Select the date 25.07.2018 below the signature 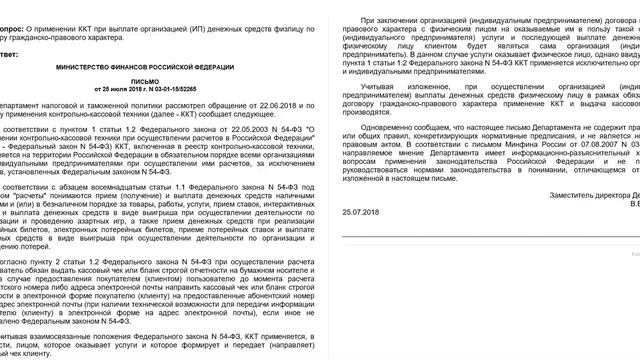click(x=357, y=240)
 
